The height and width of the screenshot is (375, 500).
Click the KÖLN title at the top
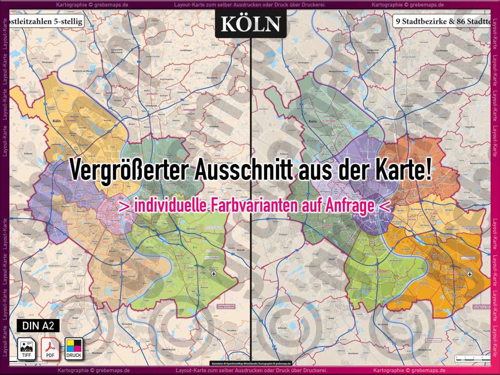click(x=251, y=24)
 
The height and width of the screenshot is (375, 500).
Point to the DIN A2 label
click(x=38, y=326)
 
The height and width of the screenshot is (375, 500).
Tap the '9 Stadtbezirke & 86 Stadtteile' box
click(x=442, y=21)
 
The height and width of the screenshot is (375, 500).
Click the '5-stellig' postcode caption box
click(x=46, y=21)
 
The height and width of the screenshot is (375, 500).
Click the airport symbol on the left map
click(x=214, y=274)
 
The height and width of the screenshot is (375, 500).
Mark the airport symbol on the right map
click(x=469, y=274)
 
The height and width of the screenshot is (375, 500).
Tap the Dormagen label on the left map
click(x=47, y=62)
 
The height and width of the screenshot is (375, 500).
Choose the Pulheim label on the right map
click(x=284, y=153)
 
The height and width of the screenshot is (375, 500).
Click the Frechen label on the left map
click(x=27, y=234)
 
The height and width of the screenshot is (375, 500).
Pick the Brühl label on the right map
click(x=331, y=318)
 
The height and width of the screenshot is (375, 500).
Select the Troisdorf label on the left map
click(x=231, y=330)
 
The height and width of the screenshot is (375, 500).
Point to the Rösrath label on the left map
click(x=241, y=250)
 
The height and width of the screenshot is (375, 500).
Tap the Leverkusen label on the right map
click(x=407, y=106)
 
